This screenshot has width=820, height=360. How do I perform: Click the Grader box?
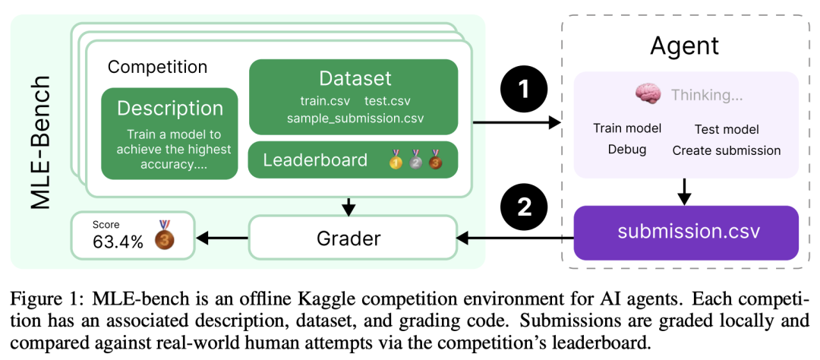pos(348,239)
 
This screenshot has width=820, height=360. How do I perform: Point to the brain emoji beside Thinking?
pos(648,95)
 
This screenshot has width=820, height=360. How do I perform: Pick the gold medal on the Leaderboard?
pos(396,159)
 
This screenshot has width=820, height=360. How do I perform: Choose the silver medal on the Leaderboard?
pos(416,159)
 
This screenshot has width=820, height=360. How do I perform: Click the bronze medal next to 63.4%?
pos(164,236)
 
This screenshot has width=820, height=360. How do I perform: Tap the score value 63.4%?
pos(118,242)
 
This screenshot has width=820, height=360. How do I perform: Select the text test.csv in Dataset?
pos(387,101)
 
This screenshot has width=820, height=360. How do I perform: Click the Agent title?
pos(685,46)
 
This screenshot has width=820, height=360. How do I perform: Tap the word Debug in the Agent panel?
pos(627,150)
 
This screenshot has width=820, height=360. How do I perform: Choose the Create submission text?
pos(727,150)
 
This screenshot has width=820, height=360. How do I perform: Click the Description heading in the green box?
pos(170,109)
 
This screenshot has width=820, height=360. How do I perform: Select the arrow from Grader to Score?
pos(221,239)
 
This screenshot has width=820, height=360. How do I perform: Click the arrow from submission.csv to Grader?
pos(515,239)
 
